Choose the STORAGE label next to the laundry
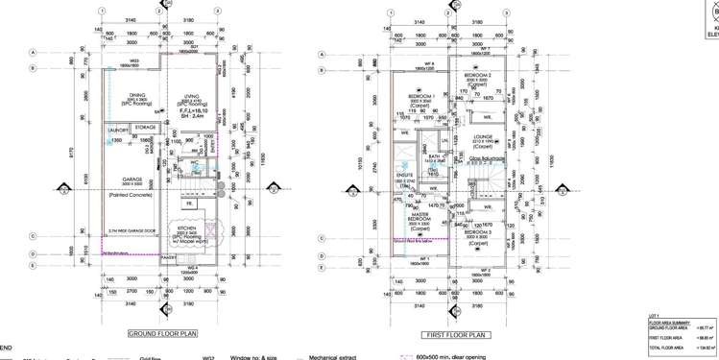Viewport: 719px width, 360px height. (x=146, y=127)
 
